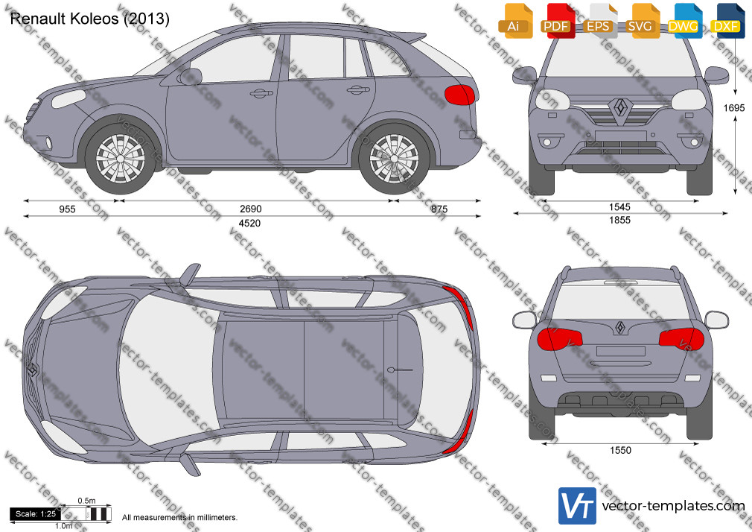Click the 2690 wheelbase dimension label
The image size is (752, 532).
click(x=250, y=209)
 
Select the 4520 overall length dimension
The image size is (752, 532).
click(x=249, y=224)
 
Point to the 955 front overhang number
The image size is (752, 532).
click(x=67, y=209)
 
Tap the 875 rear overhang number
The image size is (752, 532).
click(x=439, y=209)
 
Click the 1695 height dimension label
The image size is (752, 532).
click(x=734, y=108)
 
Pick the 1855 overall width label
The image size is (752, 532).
click(x=619, y=221)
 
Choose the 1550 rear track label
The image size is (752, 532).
click(x=621, y=450)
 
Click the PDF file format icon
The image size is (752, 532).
click(x=557, y=21)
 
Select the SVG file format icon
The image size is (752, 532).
click(x=641, y=21)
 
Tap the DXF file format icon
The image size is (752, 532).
click(x=727, y=21)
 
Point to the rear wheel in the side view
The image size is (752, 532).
click(x=394, y=159)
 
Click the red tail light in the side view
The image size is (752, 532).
click(x=459, y=95)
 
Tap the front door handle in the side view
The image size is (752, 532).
click(x=261, y=93)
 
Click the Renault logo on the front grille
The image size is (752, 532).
click(x=621, y=107)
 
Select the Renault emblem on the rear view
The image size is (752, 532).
click(x=620, y=327)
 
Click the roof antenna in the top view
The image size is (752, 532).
click(x=400, y=370)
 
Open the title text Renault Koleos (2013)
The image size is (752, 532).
click(x=89, y=19)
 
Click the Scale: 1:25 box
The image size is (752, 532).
click(x=36, y=514)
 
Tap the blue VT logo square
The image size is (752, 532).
click(x=578, y=506)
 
